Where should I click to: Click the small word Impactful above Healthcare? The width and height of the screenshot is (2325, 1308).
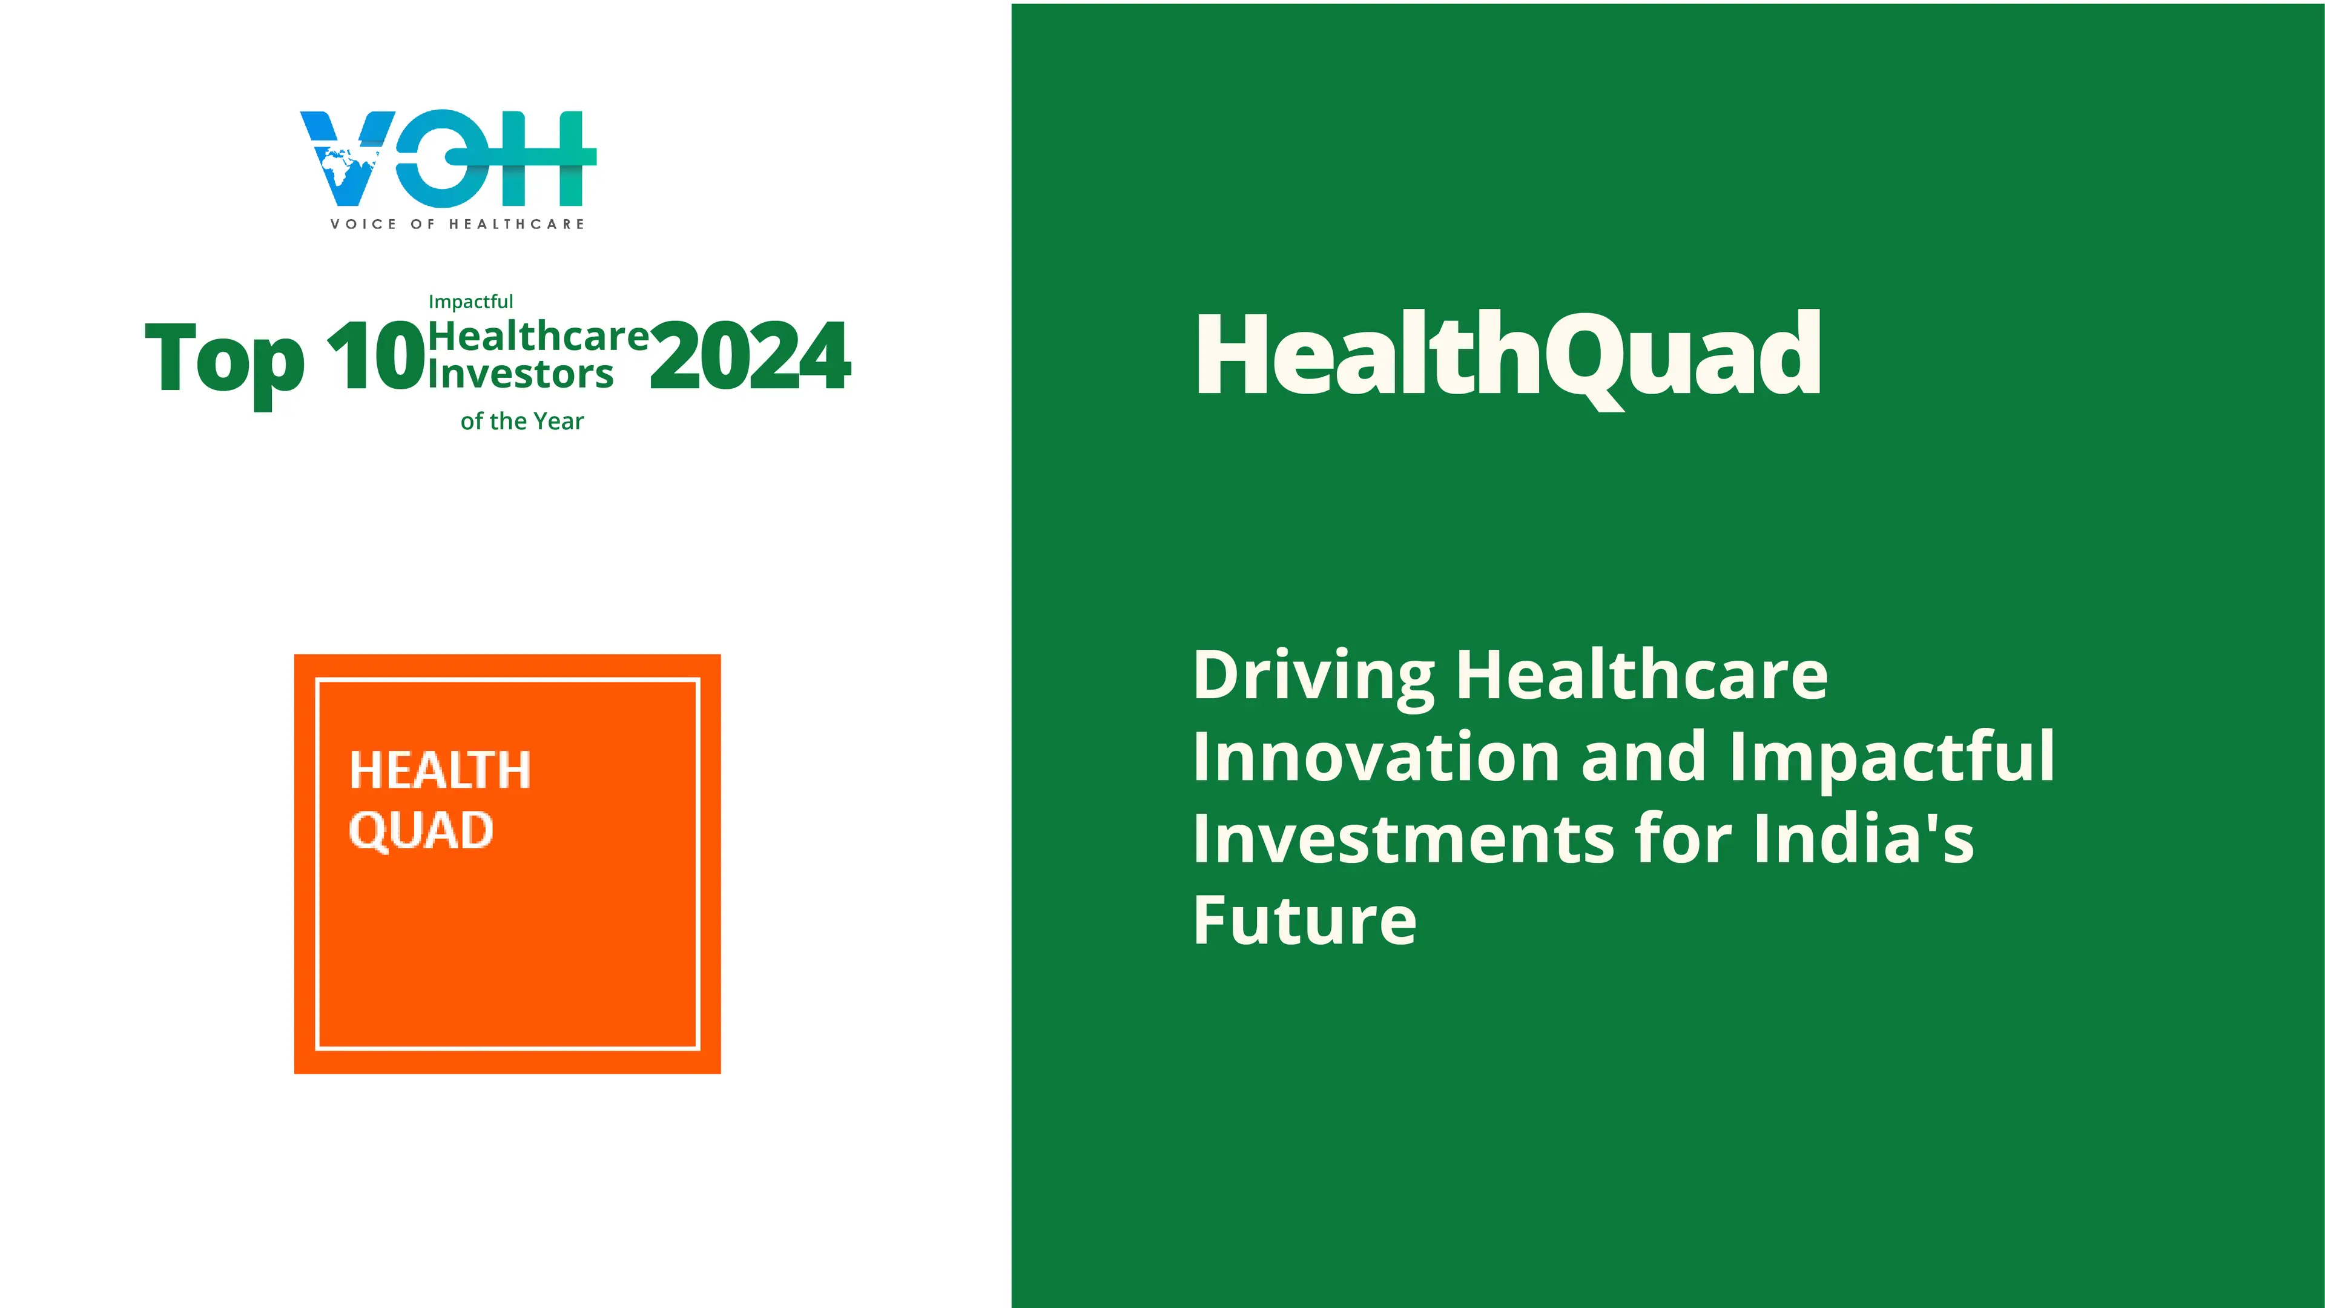[x=470, y=302]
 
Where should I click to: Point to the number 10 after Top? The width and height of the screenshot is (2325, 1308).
[x=375, y=357]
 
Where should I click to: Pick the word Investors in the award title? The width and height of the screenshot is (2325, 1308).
[x=521, y=374]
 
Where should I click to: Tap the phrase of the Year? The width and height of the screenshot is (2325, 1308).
[x=522, y=421]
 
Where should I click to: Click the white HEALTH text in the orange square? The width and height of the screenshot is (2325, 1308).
[x=440, y=770]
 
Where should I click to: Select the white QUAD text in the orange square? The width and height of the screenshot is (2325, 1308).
[x=421, y=830]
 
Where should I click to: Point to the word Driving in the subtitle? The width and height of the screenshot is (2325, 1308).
[x=1314, y=677]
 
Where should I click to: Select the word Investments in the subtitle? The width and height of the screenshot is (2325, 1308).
[x=1403, y=839]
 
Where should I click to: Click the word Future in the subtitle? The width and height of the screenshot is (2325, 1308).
[x=1305, y=920]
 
